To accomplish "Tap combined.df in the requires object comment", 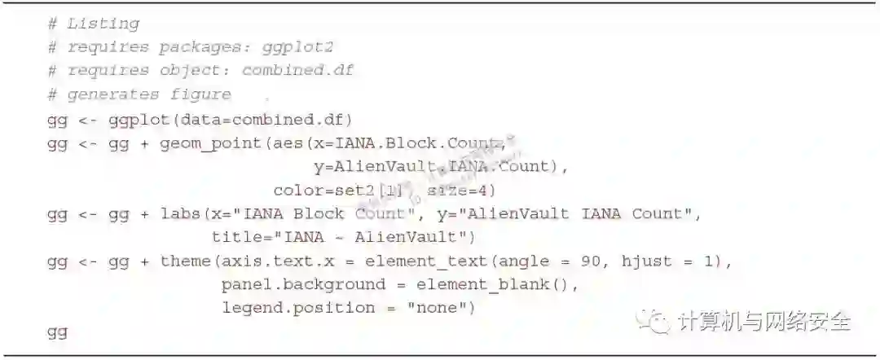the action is [297, 71].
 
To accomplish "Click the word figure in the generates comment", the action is [200, 94].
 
